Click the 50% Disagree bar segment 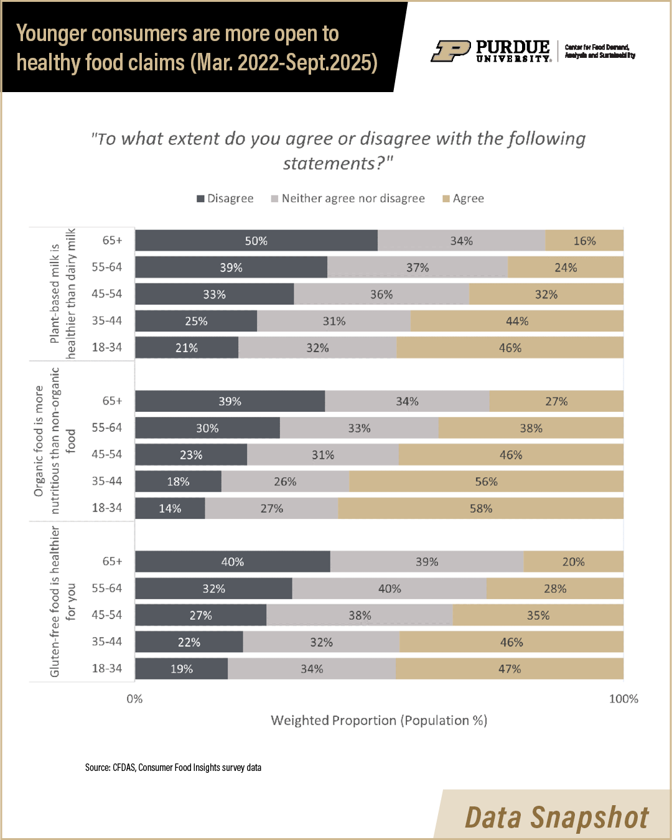coord(256,241)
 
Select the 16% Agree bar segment coord(584,241)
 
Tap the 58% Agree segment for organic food coord(480,508)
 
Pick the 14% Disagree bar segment coord(170,508)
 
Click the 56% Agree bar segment coord(486,482)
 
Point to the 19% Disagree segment coord(181,669)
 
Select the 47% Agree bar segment coord(509,669)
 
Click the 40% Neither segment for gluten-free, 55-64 coord(390,589)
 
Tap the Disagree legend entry coord(225,198)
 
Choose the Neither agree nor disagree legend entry coord(348,198)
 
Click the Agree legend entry coord(464,198)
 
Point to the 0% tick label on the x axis coord(134,699)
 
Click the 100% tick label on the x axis coord(623,699)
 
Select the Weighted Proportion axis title coord(379,721)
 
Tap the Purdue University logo coord(491,51)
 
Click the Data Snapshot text coord(557,817)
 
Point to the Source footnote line coord(173,767)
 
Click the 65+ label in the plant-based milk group coord(113,240)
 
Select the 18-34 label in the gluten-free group coord(107,668)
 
